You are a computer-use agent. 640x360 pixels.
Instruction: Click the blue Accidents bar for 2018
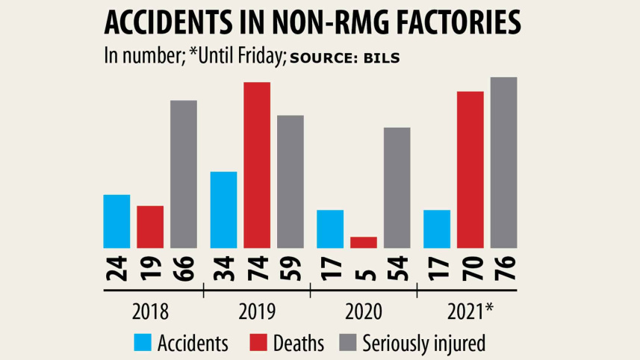pyautogui.click(x=116, y=221)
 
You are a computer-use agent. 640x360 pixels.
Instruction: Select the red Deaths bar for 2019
pyautogui.click(x=257, y=164)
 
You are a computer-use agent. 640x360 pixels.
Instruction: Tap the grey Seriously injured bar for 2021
pyautogui.click(x=503, y=162)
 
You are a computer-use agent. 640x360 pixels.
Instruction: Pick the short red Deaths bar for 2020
pyautogui.click(x=364, y=242)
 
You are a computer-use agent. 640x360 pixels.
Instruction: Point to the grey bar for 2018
pyautogui.click(x=184, y=173)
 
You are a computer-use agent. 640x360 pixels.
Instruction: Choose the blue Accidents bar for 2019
pyautogui.click(x=224, y=210)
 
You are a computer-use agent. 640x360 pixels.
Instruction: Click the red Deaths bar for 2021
pyautogui.click(x=470, y=169)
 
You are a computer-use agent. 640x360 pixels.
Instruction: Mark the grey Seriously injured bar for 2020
pyautogui.click(x=397, y=187)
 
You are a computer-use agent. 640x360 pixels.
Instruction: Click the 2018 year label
pyautogui.click(x=149, y=311)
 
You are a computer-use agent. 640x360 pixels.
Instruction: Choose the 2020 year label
pyautogui.click(x=363, y=311)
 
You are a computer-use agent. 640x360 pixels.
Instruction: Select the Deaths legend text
pyautogui.click(x=299, y=344)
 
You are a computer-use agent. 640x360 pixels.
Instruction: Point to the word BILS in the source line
pyautogui.click(x=382, y=57)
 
